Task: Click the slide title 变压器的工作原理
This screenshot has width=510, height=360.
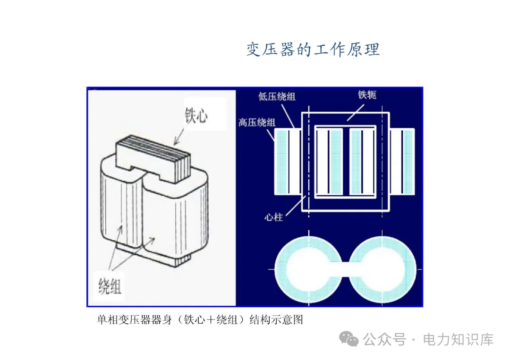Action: tap(313, 50)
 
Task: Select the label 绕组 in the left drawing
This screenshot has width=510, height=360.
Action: tap(110, 285)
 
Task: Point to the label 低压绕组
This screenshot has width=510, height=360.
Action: tap(277, 97)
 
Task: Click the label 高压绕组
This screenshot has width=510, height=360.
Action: tap(256, 123)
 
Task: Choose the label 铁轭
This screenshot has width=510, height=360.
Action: tap(367, 95)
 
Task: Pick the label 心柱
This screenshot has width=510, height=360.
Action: tap(274, 218)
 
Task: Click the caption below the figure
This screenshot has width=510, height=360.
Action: tap(200, 320)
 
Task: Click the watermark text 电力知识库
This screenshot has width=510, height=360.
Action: tap(458, 339)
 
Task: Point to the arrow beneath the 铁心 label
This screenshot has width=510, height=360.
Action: tap(180, 136)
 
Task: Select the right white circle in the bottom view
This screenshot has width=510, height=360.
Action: tap(382, 269)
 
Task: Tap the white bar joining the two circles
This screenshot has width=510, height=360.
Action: tap(345, 269)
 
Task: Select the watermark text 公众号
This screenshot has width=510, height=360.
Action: tap(384, 339)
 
